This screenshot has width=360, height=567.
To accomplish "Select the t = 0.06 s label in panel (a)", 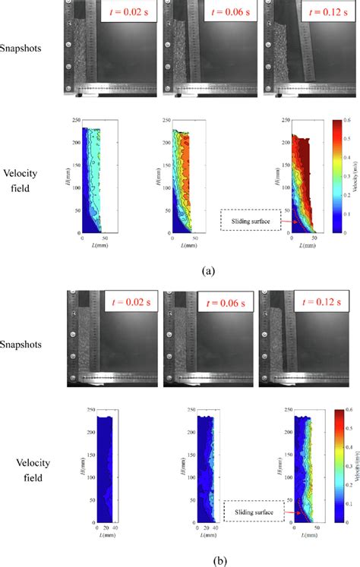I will pos(226,13).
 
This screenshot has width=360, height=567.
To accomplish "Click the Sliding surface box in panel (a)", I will pos(251,219).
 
